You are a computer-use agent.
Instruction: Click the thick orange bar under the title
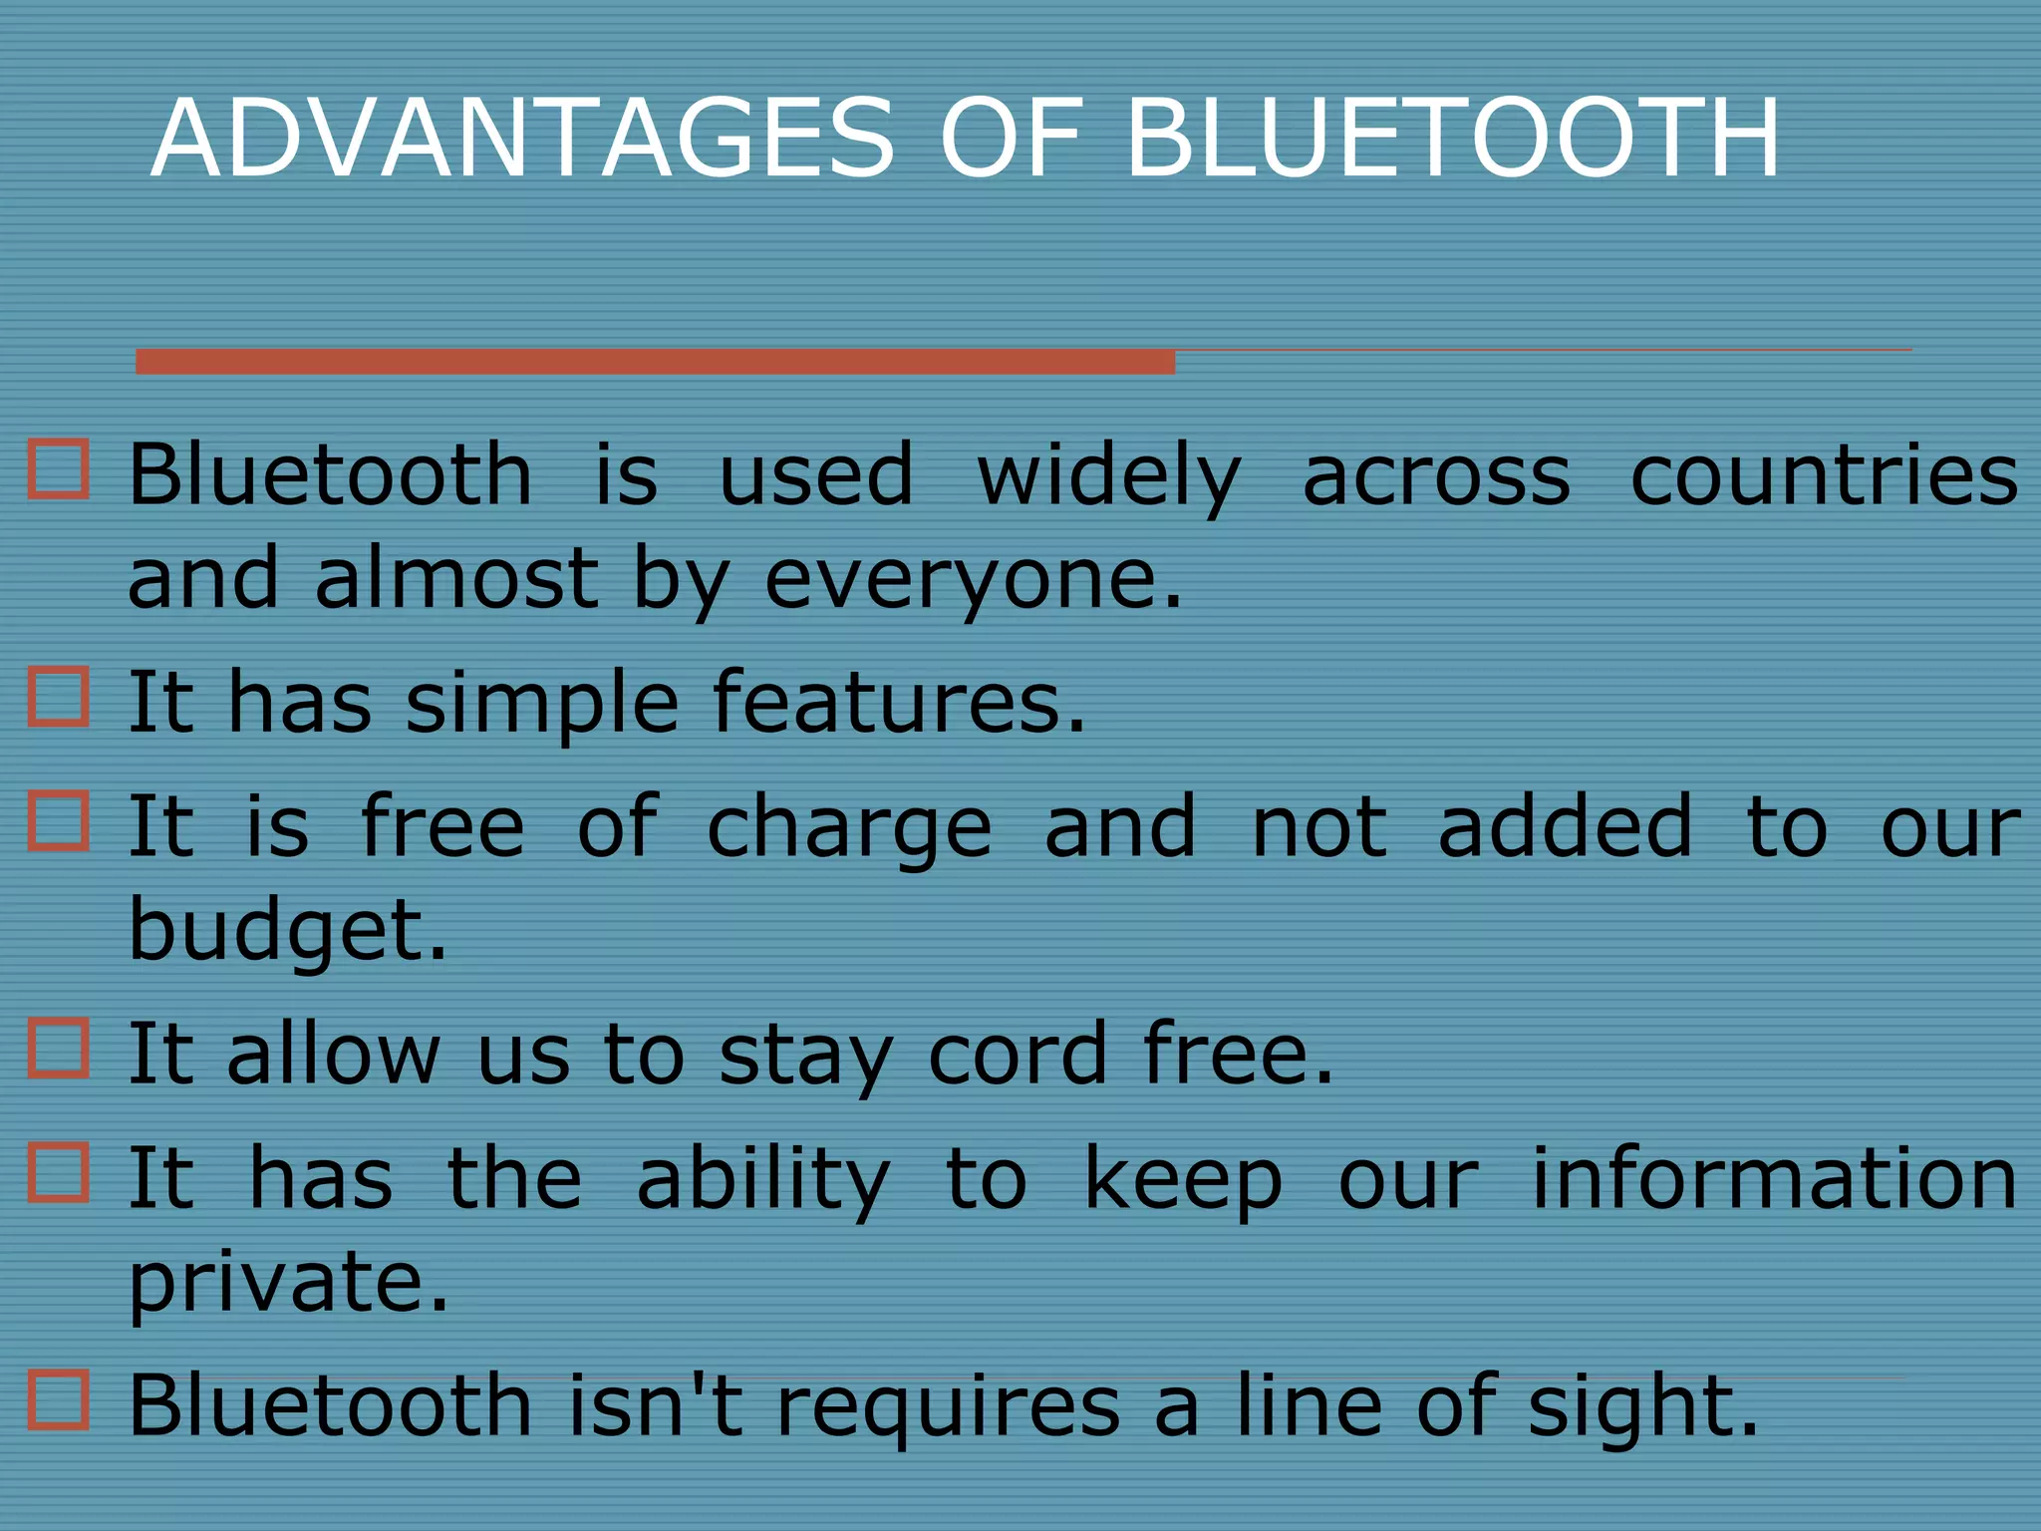pos(655,361)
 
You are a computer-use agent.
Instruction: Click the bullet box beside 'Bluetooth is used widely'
pos(58,468)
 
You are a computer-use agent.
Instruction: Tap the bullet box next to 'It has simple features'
pos(58,696)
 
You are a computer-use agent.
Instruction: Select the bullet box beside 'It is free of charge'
pos(58,820)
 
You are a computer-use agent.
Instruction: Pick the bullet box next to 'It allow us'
pos(58,1048)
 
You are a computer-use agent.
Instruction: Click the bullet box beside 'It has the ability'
pos(58,1172)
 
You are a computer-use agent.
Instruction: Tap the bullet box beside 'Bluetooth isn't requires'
pos(58,1399)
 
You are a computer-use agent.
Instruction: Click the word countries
pos(1824,475)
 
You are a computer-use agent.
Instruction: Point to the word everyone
pos(973,580)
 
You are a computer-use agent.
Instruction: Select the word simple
pos(542,704)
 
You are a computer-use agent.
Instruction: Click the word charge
pos(849,828)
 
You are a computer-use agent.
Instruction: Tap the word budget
pos(287,931)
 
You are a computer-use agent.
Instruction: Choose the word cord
pos(1018,1055)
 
